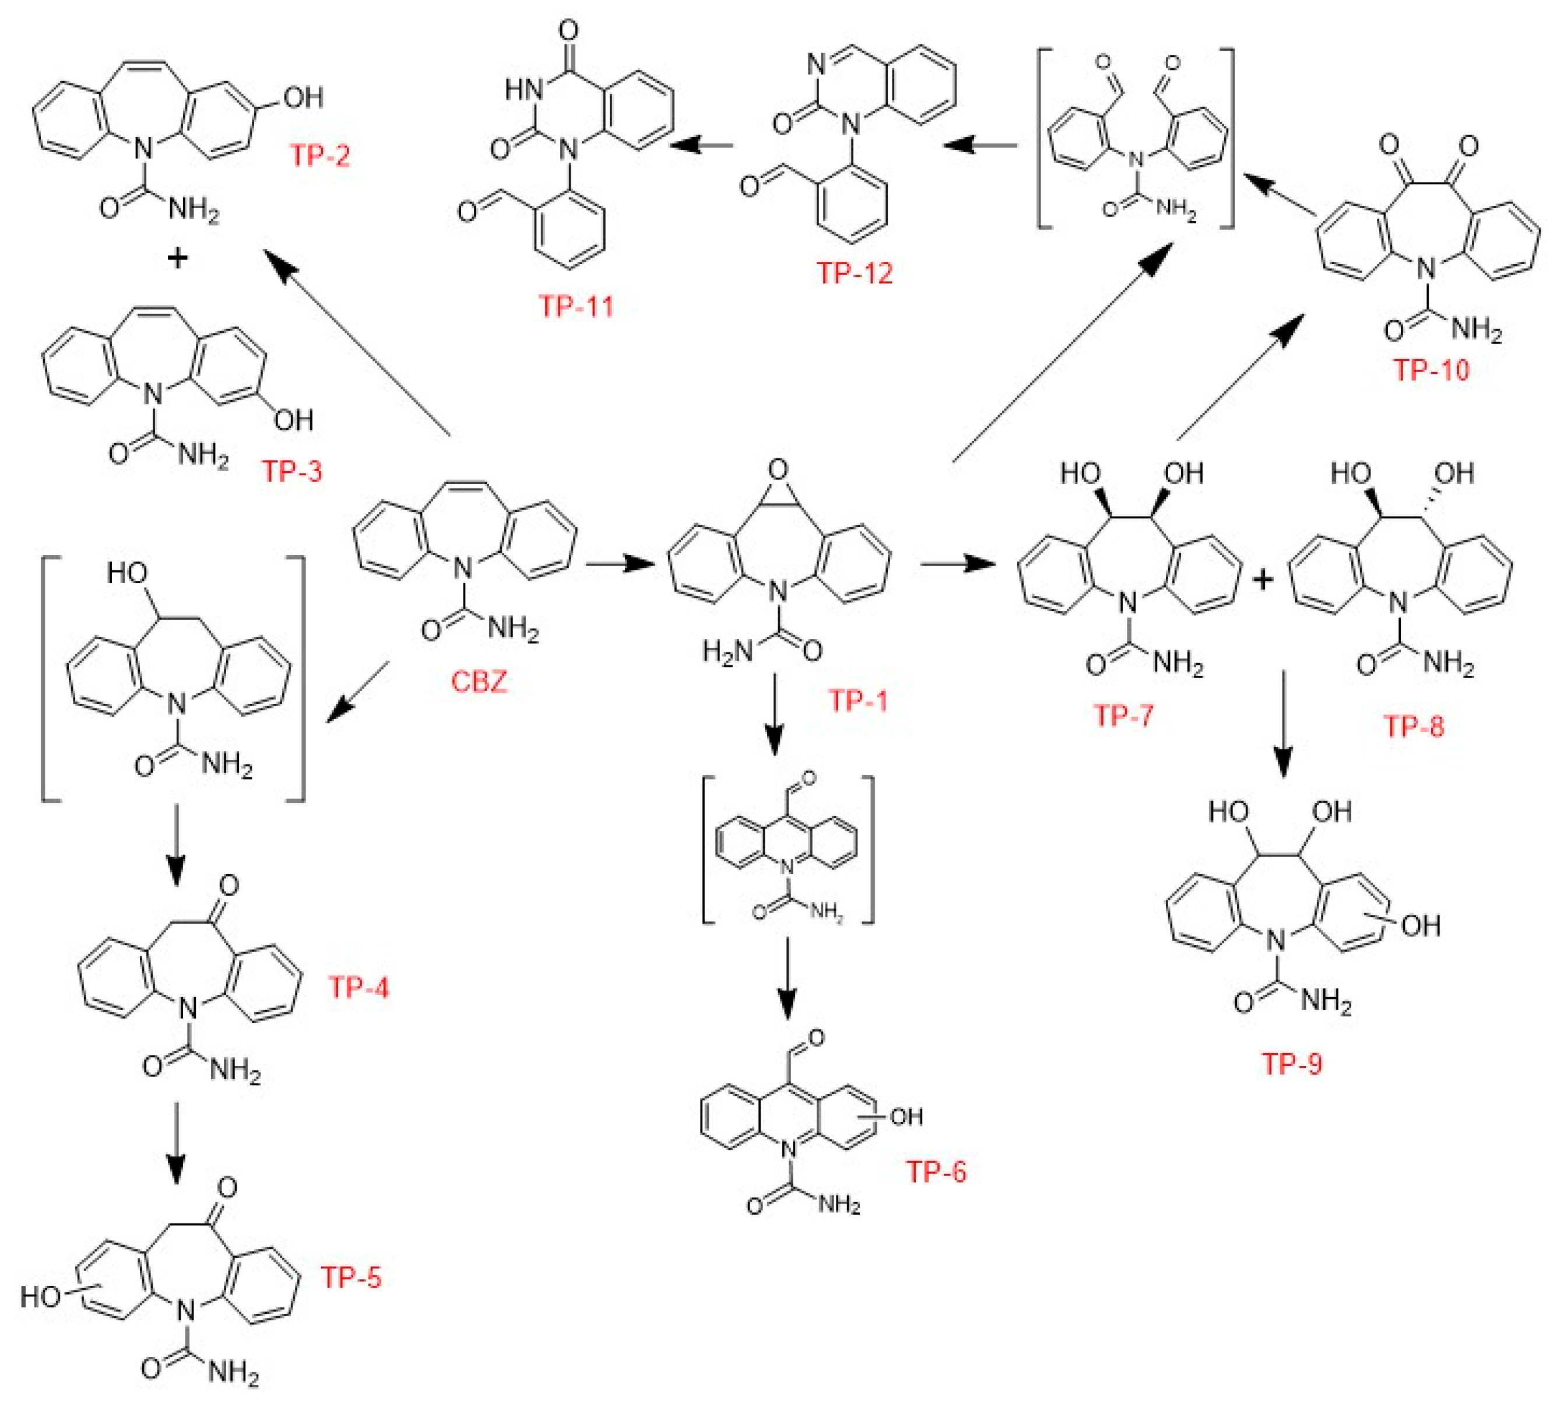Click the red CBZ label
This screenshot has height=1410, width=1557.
coord(479,682)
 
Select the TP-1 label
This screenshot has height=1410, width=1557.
coord(858,701)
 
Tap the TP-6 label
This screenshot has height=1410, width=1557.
coord(936,1172)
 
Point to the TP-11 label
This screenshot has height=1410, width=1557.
coord(576,307)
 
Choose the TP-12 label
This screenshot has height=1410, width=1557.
coord(854,273)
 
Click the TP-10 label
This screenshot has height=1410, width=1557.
coord(1431,370)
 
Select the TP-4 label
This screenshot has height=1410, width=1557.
coord(359,987)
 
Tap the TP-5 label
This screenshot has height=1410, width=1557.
coord(352,1277)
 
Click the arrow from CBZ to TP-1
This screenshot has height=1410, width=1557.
coord(620,563)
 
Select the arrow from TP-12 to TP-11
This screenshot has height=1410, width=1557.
coord(701,145)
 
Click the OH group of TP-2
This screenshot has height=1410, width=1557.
coord(303,97)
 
